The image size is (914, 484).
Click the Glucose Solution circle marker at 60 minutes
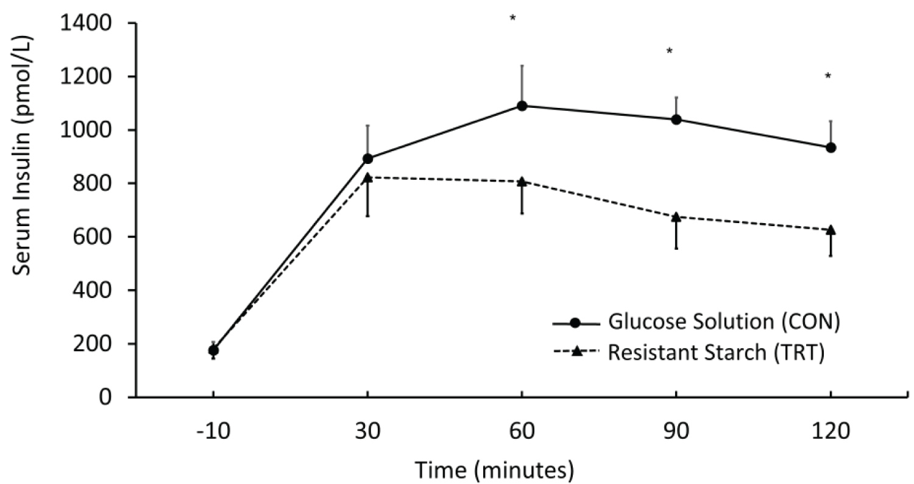[522, 106]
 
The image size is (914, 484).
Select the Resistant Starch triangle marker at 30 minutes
[367, 177]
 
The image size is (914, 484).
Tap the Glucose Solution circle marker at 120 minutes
[831, 148]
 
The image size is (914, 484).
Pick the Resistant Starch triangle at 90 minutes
[676, 216]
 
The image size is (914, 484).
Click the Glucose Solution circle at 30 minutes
[367, 158]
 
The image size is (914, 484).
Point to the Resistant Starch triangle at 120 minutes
[831, 230]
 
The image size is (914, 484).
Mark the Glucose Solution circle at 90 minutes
[676, 119]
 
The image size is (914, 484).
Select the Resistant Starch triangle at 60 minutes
[522, 182]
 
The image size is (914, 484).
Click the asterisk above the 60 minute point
[513, 18]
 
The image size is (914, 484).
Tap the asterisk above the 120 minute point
[827, 77]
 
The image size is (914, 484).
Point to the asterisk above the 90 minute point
[669, 51]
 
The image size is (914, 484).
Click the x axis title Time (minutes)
[494, 469]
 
